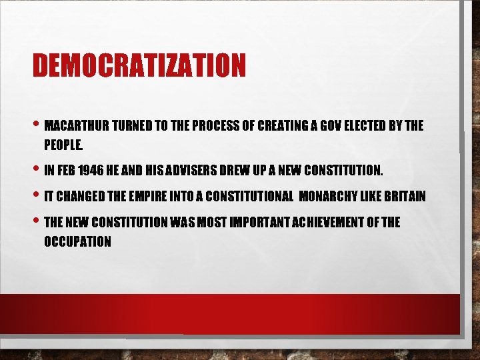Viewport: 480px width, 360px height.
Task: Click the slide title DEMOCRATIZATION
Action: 139,65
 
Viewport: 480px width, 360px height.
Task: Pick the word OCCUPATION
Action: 77,241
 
